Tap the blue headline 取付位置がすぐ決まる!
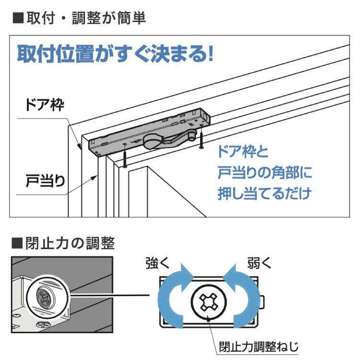click(x=115, y=54)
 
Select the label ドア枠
click(x=44, y=105)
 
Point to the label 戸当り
click(x=45, y=180)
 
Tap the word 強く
click(x=157, y=263)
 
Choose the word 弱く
click(x=259, y=263)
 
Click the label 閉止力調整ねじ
click(x=259, y=347)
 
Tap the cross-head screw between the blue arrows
click(x=208, y=302)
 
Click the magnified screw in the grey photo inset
click(x=46, y=299)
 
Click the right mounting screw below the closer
click(x=201, y=137)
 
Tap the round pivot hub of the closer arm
click(x=153, y=141)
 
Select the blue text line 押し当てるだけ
click(x=264, y=193)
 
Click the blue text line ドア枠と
click(x=243, y=152)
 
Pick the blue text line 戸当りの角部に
click(x=265, y=172)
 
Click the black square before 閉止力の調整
click(x=17, y=243)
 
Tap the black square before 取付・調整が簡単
click(x=18, y=18)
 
